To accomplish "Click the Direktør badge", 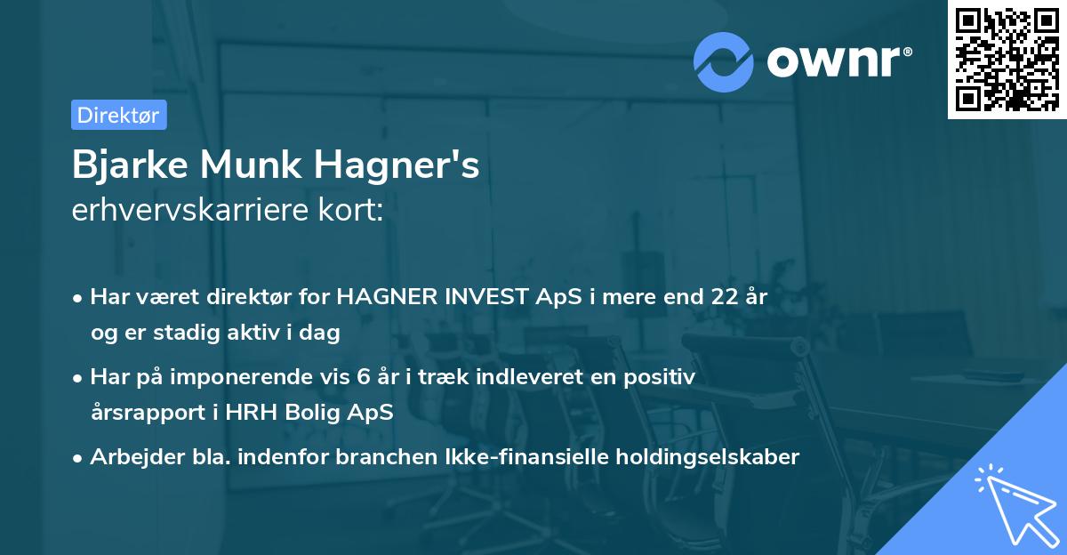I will tap(118, 115).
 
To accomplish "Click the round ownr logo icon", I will tap(725, 61).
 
